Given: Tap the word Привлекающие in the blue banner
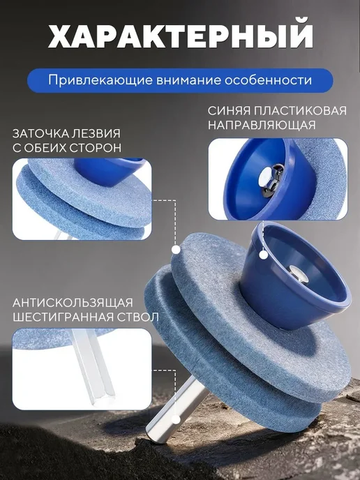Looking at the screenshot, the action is pos(100,80).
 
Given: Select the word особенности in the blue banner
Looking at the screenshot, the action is pos(268,80).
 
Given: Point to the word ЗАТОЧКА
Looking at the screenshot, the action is pos(40,134).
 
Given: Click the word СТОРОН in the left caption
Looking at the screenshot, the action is pos(95,148).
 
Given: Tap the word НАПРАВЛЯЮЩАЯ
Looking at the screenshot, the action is pos(262,125).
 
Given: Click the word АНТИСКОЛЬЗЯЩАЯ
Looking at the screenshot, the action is pos(73,303).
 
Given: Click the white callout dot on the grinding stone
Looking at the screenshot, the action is pos(176,250).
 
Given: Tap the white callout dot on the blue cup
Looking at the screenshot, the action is pos(263,255).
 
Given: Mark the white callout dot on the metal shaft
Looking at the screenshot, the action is pos(176,419).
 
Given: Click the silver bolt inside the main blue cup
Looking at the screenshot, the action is pos(299,273).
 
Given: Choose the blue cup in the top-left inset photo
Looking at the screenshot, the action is pos(109,172).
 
